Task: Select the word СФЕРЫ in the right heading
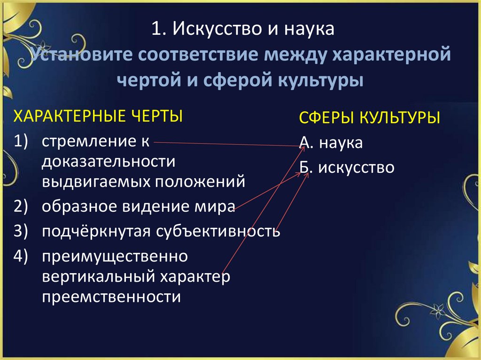pyautogui.click(x=326, y=118)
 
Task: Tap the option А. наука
pyautogui.click(x=331, y=143)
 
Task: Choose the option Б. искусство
pyautogui.click(x=347, y=168)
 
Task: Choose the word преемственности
pyautogui.click(x=111, y=297)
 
